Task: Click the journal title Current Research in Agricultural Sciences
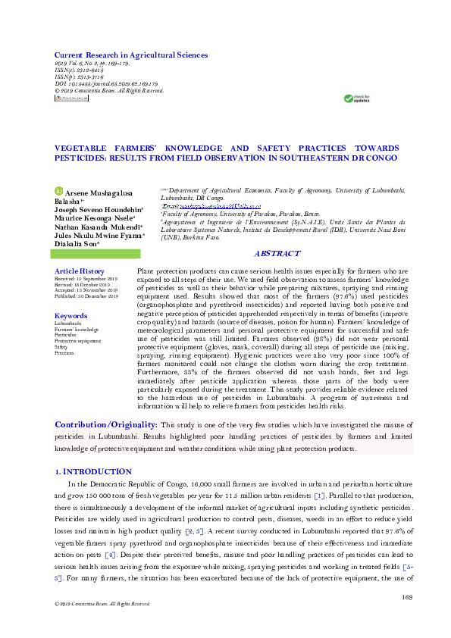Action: (x=130, y=55)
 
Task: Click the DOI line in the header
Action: (x=106, y=84)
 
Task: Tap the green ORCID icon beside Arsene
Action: (x=59, y=192)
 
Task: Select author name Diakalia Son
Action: (x=84, y=245)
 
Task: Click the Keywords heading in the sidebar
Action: (x=71, y=315)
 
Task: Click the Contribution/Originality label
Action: (x=106, y=424)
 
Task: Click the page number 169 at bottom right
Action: (x=406, y=598)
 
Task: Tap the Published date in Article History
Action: (x=86, y=296)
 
